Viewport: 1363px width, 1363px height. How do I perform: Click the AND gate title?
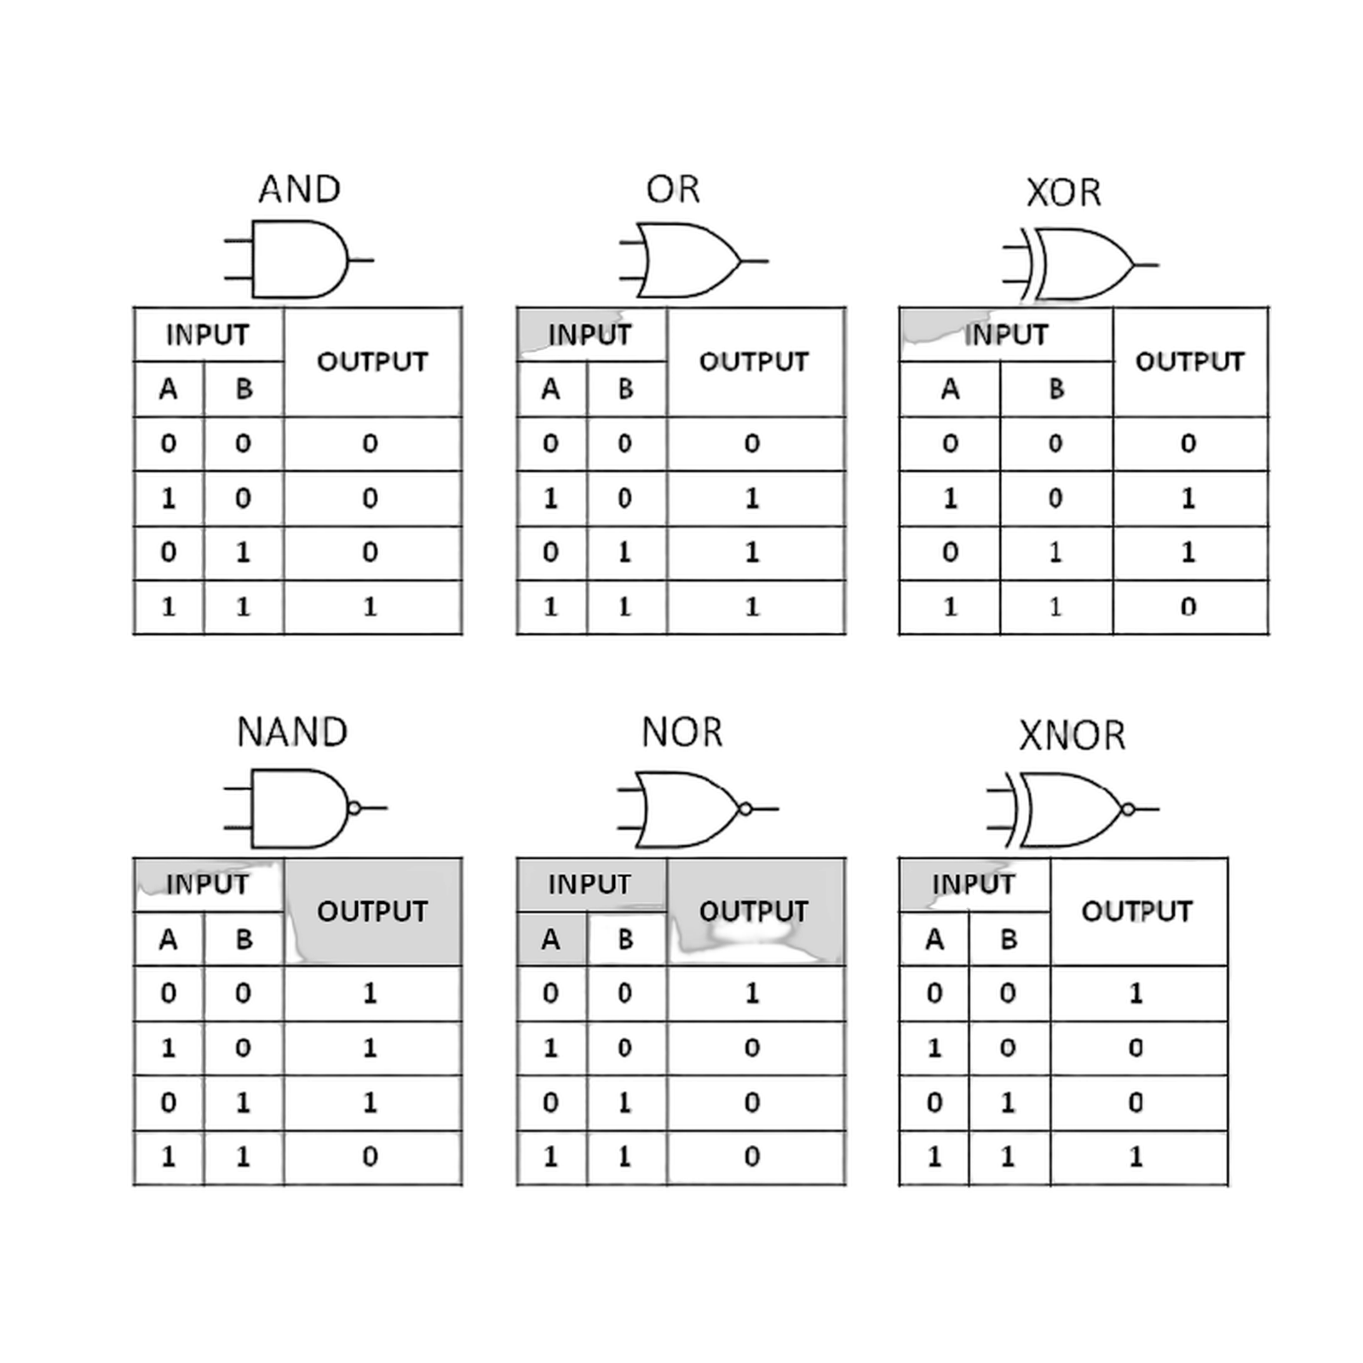click(x=300, y=189)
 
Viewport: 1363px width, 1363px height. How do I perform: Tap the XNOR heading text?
click(x=1073, y=736)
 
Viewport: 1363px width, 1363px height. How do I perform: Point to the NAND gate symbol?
click(x=302, y=808)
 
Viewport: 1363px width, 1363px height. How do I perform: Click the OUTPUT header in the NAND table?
click(x=372, y=912)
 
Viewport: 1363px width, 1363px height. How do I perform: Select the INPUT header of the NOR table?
click(x=589, y=884)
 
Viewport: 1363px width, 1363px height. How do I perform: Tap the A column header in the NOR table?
click(x=550, y=940)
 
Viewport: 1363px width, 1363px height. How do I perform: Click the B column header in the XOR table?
click(x=1056, y=389)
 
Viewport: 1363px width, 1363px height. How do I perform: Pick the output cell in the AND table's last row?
click(x=371, y=607)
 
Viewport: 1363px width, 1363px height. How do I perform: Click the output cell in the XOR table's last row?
click(x=1190, y=607)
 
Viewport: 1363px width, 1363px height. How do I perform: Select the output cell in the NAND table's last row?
click(x=371, y=1158)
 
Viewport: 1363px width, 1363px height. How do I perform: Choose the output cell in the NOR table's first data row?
click(x=753, y=993)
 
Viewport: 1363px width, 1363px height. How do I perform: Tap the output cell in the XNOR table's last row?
click(x=1136, y=1158)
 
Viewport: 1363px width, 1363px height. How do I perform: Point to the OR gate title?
click(x=673, y=189)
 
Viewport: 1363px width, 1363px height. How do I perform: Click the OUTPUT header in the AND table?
click(x=372, y=362)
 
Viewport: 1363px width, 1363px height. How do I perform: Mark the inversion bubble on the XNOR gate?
click(x=1129, y=809)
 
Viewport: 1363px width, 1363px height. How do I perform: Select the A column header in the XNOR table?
click(x=935, y=940)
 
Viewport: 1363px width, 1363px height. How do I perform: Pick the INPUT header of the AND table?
click(x=207, y=335)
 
